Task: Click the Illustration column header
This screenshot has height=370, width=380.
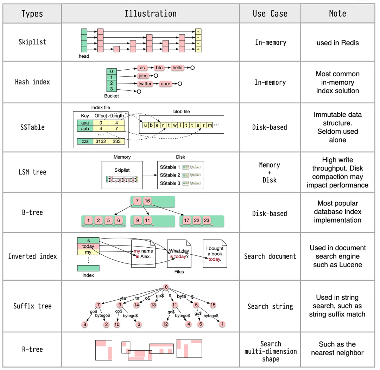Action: point(151,14)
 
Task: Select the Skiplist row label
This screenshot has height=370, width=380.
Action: point(32,42)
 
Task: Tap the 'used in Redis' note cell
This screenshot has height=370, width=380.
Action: point(337,43)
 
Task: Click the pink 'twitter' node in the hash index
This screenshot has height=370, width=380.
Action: point(145,84)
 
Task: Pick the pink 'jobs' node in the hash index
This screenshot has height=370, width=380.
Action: point(143,76)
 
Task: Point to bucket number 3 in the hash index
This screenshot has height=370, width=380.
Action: point(111,89)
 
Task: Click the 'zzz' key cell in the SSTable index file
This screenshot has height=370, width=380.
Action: point(84,141)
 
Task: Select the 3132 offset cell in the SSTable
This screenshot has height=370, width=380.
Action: point(101,141)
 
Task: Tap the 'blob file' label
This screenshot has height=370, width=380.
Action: point(182,111)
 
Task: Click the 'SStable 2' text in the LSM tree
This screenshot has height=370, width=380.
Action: point(170,175)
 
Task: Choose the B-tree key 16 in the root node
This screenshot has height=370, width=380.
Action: point(147,201)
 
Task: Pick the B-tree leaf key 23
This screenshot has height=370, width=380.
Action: point(207,221)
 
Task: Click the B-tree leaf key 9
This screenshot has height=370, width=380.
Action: point(138,221)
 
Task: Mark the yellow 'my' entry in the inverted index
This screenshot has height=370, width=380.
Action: point(88,252)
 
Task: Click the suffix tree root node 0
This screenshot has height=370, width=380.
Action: point(166,287)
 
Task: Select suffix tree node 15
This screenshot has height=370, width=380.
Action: point(213,305)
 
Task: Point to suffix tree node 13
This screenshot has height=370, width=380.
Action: point(153,305)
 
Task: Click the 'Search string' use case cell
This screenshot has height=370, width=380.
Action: point(270,306)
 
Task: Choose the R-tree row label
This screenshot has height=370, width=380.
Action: point(32,349)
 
